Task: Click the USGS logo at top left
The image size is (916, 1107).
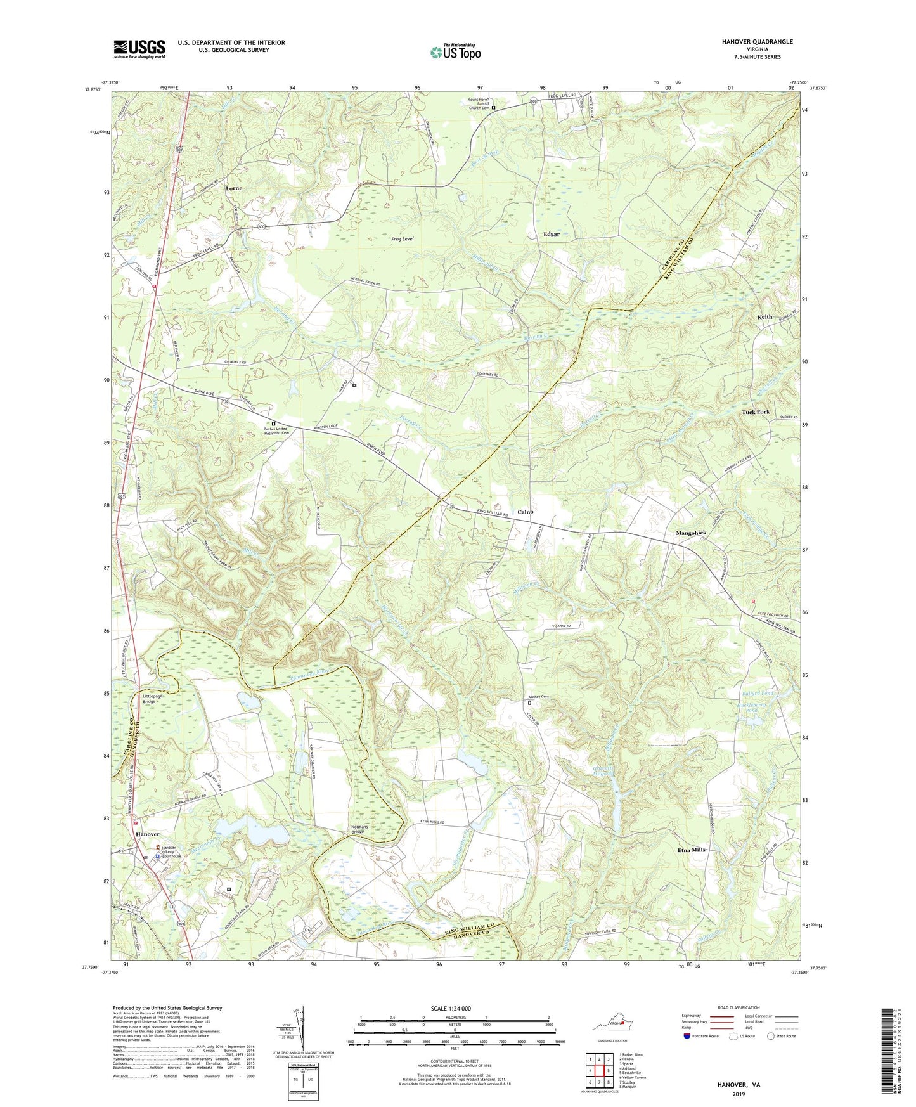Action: pos(139,49)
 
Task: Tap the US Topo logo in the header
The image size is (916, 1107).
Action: pos(455,52)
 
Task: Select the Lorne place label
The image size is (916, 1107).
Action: pos(234,188)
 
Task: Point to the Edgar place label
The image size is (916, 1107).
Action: pos(551,234)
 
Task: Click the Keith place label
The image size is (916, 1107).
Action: pos(764,317)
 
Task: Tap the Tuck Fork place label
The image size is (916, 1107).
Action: pos(756,412)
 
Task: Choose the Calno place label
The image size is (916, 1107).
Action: pos(525,512)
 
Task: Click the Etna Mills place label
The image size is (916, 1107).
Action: pos(691,850)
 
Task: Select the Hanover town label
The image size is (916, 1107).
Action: pos(146,834)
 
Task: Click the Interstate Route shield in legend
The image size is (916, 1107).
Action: pos(688,1036)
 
